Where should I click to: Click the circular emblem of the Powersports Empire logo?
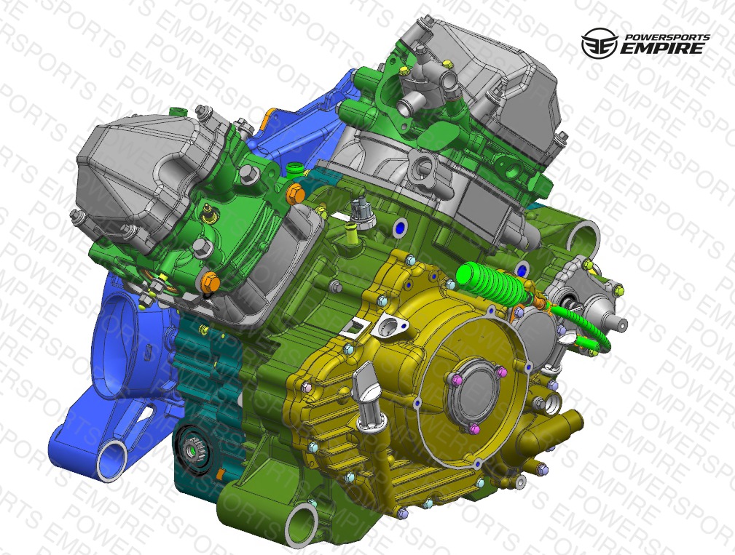pyautogui.click(x=600, y=43)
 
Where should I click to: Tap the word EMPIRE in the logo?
pyautogui.click(x=662, y=48)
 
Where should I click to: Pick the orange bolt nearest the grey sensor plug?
pyautogui.click(x=295, y=193)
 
